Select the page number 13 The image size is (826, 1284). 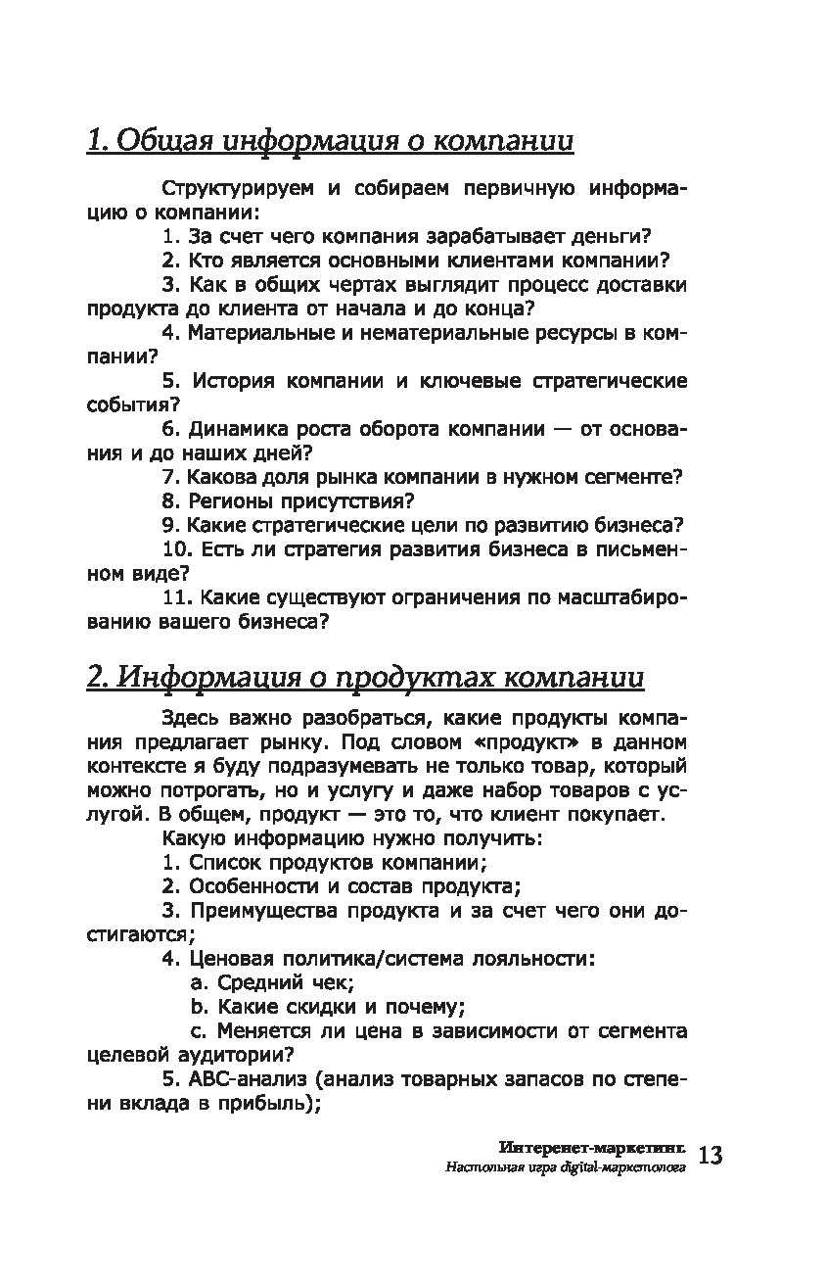[711, 1156]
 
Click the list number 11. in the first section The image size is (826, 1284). [178, 595]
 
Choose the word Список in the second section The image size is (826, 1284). [221, 863]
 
